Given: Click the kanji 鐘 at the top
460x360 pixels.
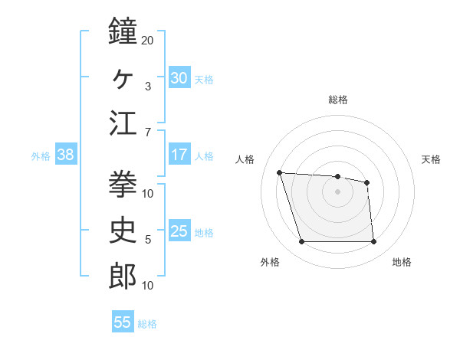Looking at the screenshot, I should (x=123, y=33).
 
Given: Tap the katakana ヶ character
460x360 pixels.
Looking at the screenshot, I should (x=123, y=77).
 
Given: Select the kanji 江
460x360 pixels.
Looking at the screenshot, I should (x=123, y=123).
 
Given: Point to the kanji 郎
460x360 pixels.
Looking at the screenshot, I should (x=123, y=276).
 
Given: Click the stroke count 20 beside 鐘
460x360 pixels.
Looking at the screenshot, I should (x=148, y=40).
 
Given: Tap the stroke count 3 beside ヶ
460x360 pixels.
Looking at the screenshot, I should (x=148, y=86).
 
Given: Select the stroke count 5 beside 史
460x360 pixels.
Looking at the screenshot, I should (x=148, y=239).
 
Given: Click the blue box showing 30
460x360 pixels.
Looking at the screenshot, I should (x=179, y=78).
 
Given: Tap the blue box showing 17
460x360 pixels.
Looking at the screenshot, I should (x=179, y=155).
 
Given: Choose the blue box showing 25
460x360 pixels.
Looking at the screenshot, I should (x=179, y=231).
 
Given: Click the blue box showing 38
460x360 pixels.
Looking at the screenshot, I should (x=65, y=155).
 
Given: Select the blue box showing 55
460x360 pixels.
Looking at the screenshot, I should (x=123, y=322).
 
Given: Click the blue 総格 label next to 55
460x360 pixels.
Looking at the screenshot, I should (x=147, y=324).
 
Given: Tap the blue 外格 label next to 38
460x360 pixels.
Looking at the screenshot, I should (x=41, y=156).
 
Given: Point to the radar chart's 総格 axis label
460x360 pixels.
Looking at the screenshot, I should (x=338, y=100).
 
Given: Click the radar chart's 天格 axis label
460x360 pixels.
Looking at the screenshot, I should (x=432, y=159).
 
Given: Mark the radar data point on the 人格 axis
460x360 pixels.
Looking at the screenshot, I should (x=280, y=172).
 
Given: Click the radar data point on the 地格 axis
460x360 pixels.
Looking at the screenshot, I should (x=373, y=242).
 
